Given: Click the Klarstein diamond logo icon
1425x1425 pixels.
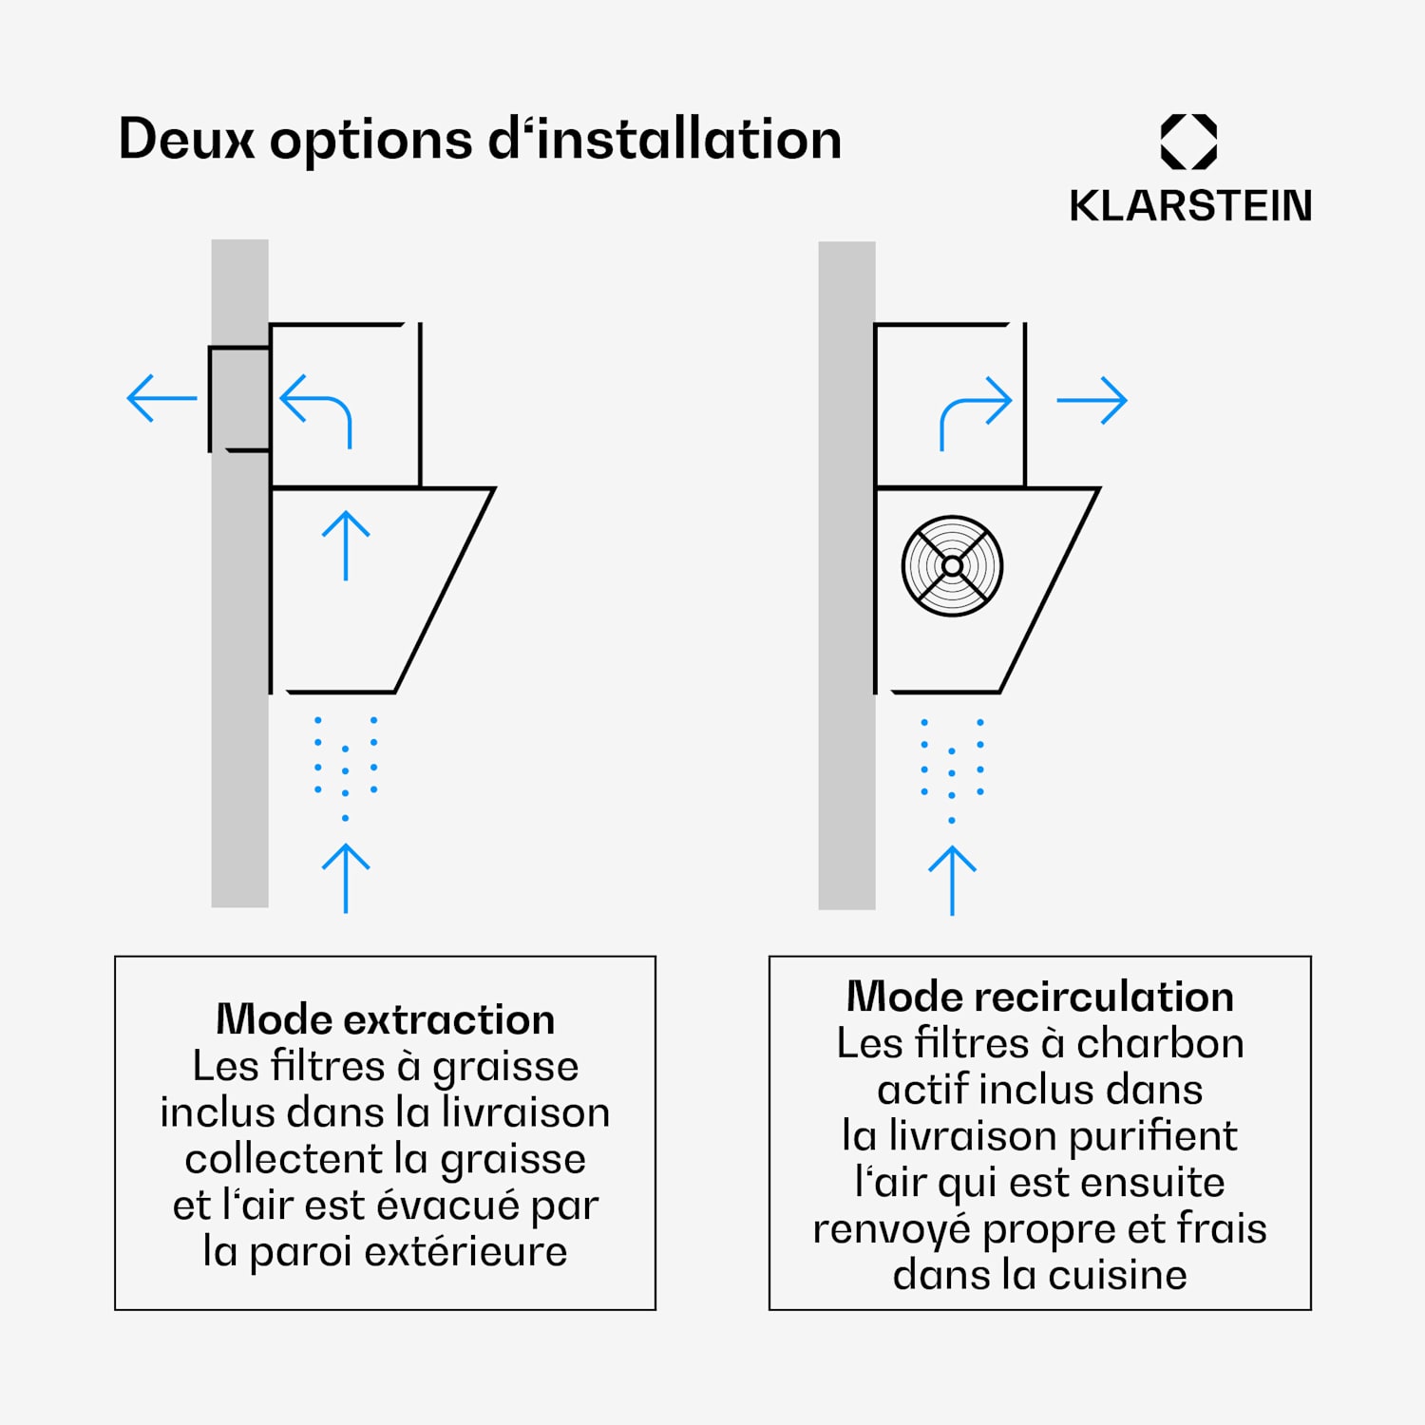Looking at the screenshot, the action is [1188, 142].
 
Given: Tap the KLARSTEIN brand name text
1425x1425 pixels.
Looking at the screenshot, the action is [1190, 206].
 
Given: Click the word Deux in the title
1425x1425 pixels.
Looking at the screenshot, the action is [186, 140].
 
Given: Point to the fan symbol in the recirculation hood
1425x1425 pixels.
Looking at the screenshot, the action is [952, 566].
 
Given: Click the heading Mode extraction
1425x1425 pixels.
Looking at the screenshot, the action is [386, 1019].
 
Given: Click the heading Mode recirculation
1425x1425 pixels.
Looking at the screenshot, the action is [1040, 997].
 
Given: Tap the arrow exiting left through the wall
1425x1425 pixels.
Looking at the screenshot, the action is [161, 398].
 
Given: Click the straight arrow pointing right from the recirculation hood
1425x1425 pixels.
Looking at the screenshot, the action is [1092, 401].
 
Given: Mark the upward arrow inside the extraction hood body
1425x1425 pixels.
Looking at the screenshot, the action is [346, 545].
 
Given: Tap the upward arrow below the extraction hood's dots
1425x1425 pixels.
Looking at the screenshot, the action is [346, 879].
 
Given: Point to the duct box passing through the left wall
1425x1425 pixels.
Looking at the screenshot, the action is [239, 398].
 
